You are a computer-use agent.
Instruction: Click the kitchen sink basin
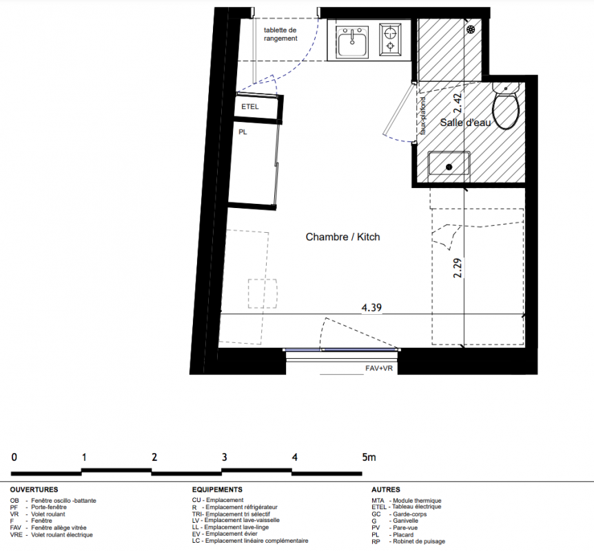[x=352, y=43]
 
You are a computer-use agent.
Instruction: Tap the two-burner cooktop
[x=390, y=39]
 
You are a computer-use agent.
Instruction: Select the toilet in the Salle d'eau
[x=505, y=106]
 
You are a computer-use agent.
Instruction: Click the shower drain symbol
[x=471, y=29]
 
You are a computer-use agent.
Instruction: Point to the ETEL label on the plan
[x=250, y=107]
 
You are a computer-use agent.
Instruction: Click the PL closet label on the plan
[x=243, y=132]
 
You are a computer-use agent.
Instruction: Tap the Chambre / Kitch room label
[x=343, y=237]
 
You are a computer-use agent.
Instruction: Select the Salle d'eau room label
[x=465, y=123]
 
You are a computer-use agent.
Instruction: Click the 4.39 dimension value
[x=371, y=307]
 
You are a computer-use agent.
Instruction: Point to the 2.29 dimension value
[x=458, y=268]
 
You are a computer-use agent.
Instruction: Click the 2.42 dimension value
[x=458, y=103]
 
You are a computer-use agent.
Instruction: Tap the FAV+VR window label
[x=379, y=368]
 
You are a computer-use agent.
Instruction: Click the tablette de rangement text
[x=280, y=34]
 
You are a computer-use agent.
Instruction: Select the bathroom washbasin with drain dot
[x=449, y=163]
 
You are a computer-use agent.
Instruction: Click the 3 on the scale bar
[x=224, y=457]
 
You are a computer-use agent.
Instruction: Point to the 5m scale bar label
[x=369, y=457]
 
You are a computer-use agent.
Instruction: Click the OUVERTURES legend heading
[x=34, y=490]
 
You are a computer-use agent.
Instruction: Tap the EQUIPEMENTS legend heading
[x=217, y=490]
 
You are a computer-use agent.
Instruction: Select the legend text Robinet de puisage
[x=419, y=541]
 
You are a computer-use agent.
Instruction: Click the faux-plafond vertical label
[x=423, y=116]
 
